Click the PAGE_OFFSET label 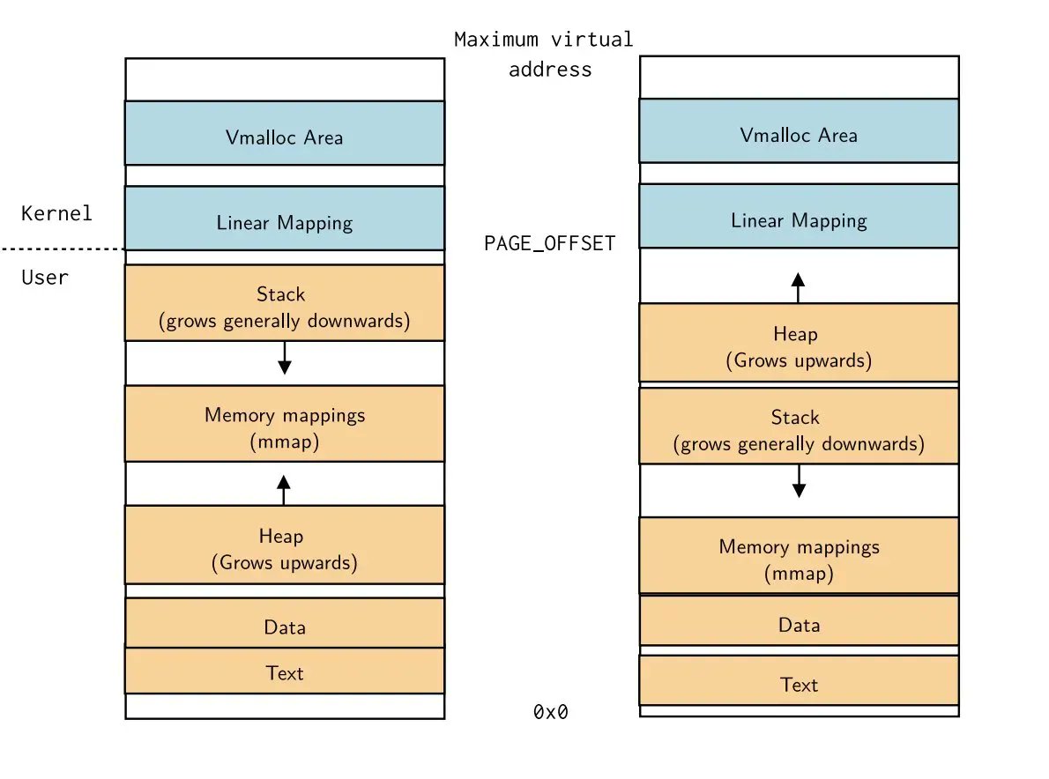[549, 244]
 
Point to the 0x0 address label [551, 712]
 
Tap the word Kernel [56, 213]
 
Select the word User [44, 278]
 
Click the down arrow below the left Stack [284, 358]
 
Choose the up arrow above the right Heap [798, 287]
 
